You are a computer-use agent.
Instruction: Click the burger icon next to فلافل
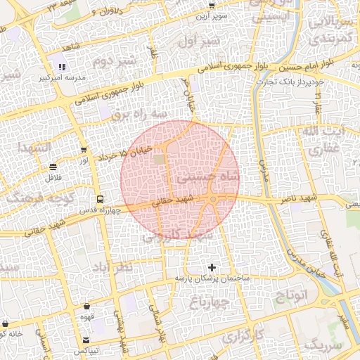tap(53, 167)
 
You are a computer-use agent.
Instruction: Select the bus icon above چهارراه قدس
tap(99, 199)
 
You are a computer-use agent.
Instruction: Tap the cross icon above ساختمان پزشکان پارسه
tap(212, 267)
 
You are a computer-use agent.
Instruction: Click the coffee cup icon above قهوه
tap(86, 307)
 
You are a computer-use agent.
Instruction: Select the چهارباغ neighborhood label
tap(210, 302)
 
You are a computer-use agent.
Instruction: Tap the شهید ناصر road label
tap(319, 200)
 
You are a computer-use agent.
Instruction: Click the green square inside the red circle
tap(160, 160)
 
